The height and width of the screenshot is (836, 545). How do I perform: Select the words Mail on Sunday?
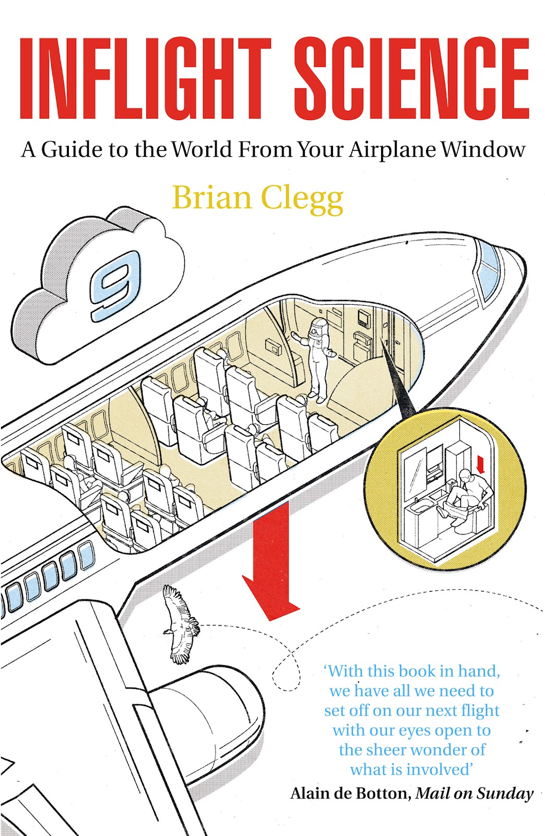coord(475,794)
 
